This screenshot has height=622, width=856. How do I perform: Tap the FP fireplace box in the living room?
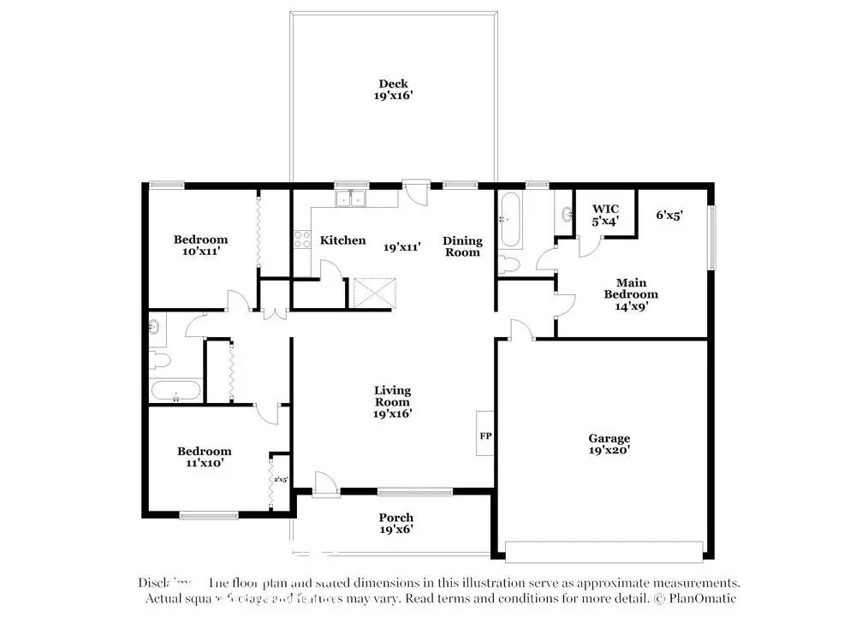click(x=485, y=435)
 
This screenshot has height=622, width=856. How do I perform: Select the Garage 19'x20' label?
click(x=609, y=444)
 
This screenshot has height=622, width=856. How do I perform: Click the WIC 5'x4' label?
click(x=605, y=215)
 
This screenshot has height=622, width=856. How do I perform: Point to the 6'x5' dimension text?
click(x=669, y=216)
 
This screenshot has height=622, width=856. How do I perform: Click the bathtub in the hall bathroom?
click(x=175, y=392)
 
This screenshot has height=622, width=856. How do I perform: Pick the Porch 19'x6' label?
click(x=396, y=523)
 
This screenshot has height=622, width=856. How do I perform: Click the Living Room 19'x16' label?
click(x=393, y=402)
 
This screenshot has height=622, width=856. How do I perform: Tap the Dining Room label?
click(x=462, y=246)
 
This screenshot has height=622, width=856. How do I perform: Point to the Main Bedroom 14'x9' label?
click(x=631, y=294)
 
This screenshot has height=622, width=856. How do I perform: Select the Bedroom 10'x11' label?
click(x=201, y=246)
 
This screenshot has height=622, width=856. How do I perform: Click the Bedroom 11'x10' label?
click(x=205, y=457)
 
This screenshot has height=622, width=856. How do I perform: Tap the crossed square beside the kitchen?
click(x=375, y=293)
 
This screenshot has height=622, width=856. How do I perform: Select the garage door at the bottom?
click(x=604, y=550)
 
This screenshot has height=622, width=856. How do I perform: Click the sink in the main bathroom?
click(x=566, y=214)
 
